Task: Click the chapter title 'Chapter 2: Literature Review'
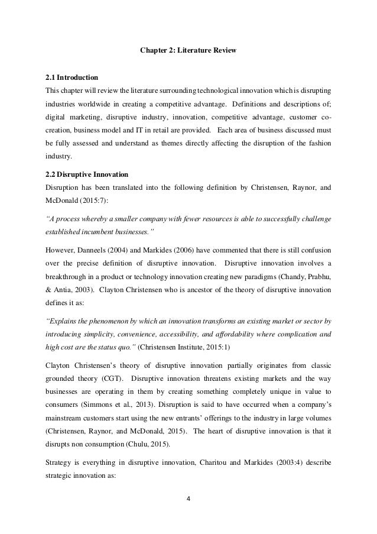coord(187,51)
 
